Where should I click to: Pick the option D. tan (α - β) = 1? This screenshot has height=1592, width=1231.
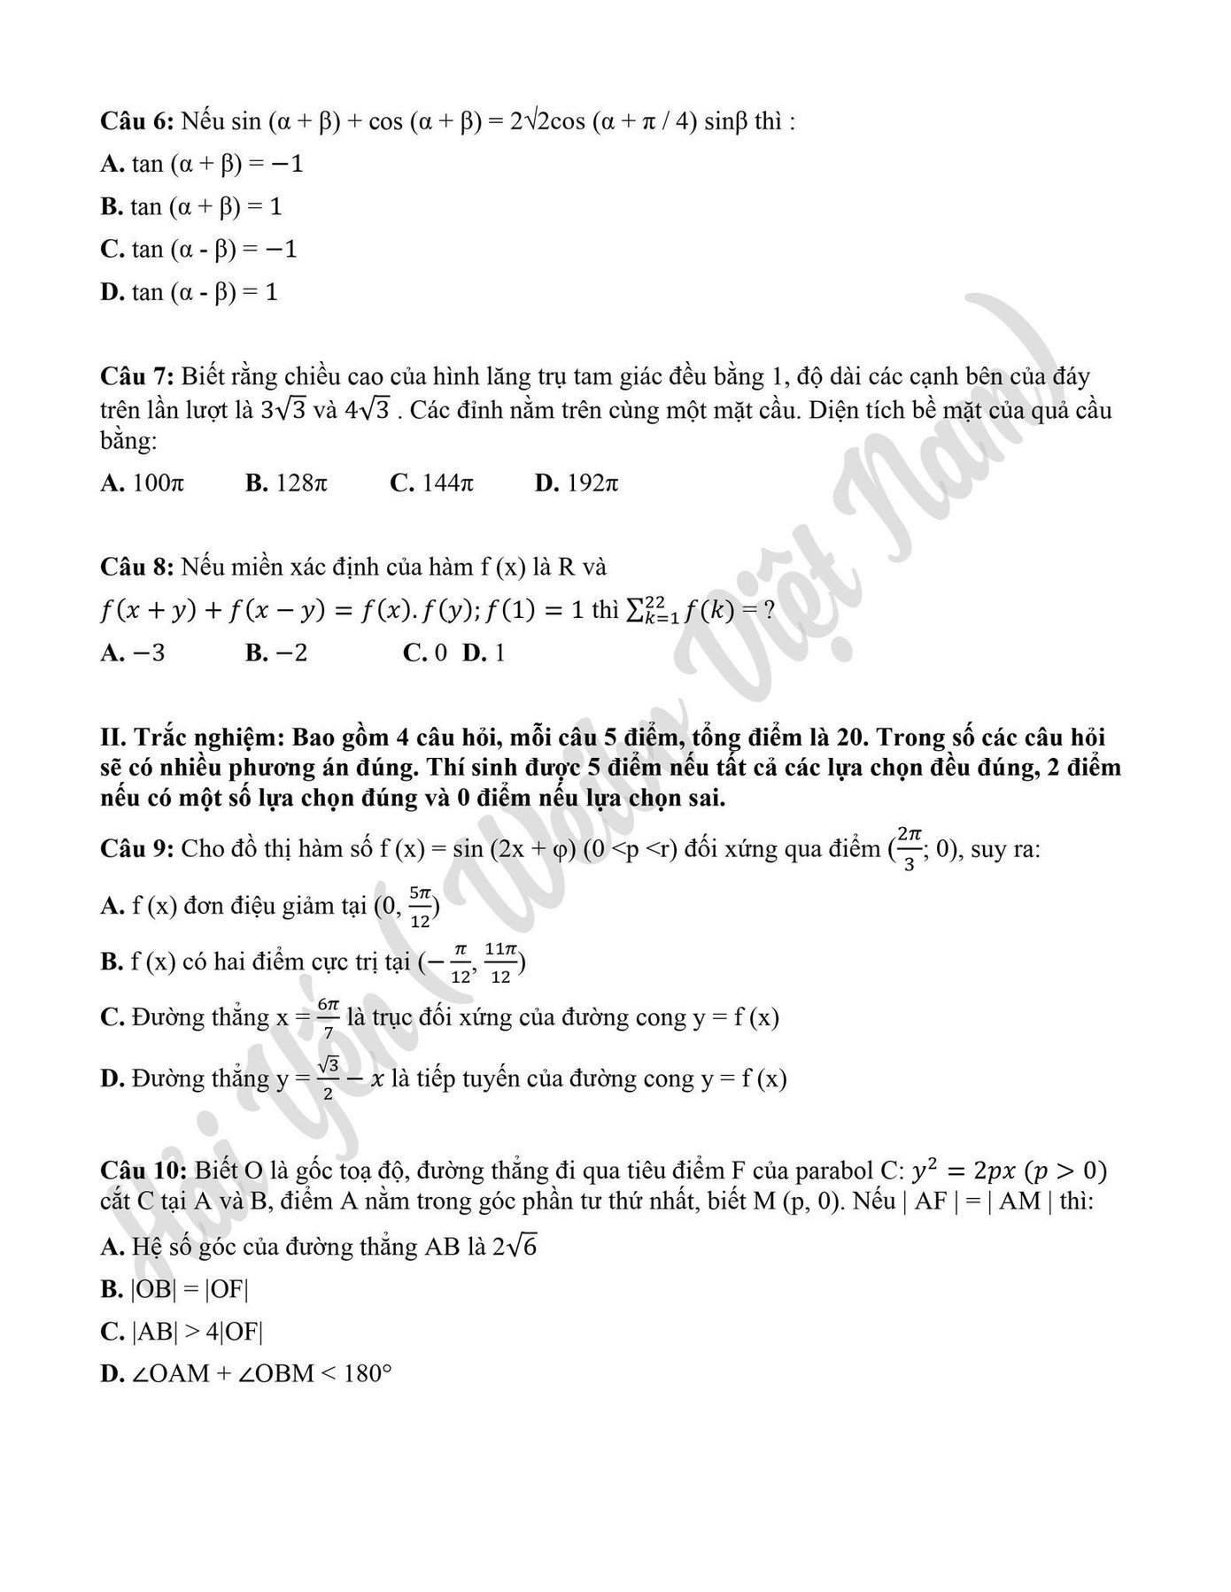click(190, 292)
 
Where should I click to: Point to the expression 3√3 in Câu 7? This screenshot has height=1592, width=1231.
click(283, 411)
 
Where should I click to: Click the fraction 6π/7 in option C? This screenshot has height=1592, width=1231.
click(329, 1018)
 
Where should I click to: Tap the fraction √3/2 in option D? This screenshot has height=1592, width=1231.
click(329, 1078)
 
